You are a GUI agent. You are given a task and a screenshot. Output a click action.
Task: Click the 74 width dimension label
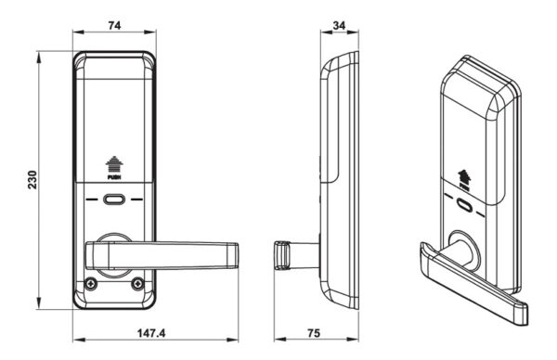(114, 26)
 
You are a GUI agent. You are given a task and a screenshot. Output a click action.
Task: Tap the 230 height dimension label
(32, 180)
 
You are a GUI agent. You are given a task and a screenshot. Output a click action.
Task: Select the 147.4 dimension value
(151, 333)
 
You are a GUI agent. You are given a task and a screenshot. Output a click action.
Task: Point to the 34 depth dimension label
(339, 26)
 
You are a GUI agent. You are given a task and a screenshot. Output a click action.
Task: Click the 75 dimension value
(314, 333)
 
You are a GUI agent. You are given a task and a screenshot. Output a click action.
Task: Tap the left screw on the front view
(91, 284)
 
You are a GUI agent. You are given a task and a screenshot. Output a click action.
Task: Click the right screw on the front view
(136, 284)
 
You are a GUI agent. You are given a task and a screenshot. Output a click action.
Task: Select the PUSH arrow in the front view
(114, 164)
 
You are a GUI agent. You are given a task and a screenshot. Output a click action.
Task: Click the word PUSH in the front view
(114, 177)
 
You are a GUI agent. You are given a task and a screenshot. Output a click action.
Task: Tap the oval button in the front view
(114, 199)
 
